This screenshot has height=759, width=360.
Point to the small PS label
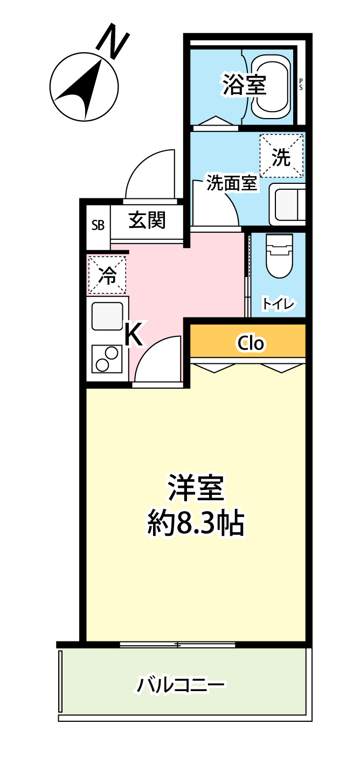(x=301, y=84)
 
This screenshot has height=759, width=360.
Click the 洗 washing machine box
(x=281, y=156)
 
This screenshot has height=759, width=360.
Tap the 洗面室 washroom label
(x=232, y=184)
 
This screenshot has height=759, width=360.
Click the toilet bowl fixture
(x=279, y=257)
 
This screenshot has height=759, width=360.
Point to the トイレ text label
(x=278, y=304)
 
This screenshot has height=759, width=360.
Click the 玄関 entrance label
(x=147, y=220)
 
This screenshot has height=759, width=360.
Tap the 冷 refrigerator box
(x=107, y=275)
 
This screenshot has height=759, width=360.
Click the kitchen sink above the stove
(x=108, y=316)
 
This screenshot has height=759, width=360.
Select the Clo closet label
(x=251, y=343)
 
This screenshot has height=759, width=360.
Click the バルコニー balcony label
(x=181, y=685)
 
